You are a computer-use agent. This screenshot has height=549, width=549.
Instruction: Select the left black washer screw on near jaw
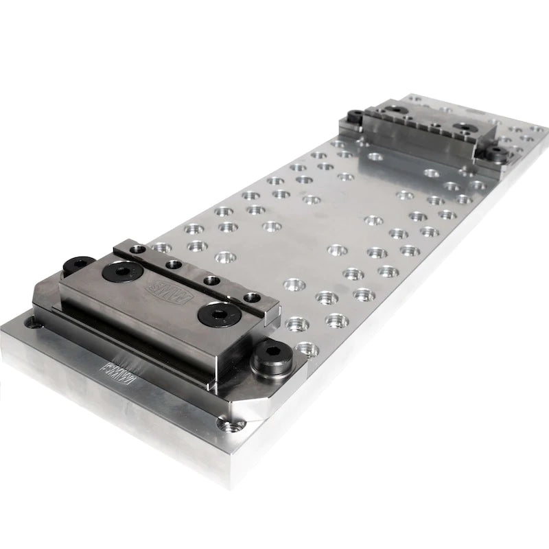(x=119, y=271)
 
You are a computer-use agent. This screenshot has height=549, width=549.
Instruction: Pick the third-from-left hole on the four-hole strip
(x=211, y=280)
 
